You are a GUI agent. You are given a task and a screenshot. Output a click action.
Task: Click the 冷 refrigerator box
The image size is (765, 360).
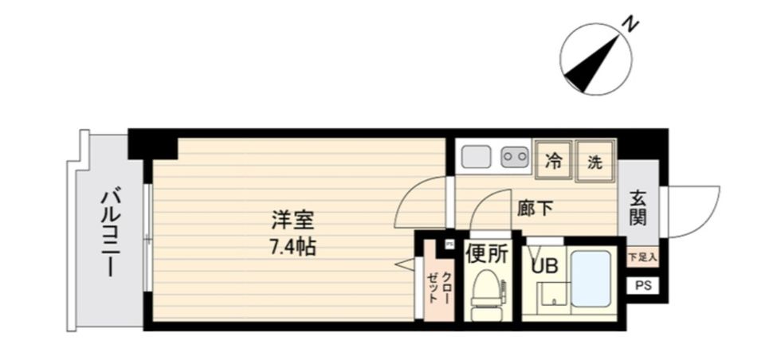click(552, 160)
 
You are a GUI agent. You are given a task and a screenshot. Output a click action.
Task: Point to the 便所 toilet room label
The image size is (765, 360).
click(486, 255)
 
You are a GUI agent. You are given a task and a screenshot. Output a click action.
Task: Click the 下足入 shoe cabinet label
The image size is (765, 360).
click(642, 257)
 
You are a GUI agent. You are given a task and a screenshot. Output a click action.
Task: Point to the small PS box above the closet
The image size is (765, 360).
click(449, 245)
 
